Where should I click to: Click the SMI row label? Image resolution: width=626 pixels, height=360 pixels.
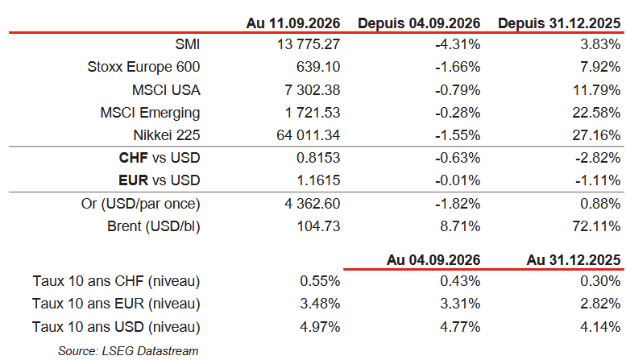[x=187, y=44]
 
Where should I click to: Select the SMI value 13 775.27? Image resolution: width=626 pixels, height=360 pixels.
[x=309, y=44]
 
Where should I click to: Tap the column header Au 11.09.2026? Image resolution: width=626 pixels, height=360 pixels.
[x=293, y=23]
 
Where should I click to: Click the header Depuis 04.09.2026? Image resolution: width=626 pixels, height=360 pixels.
[x=419, y=23]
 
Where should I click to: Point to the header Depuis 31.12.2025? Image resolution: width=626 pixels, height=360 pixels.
[x=559, y=23]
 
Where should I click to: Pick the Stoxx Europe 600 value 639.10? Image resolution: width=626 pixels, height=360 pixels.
[x=318, y=67]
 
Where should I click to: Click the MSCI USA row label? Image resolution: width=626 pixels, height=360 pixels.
[x=166, y=90]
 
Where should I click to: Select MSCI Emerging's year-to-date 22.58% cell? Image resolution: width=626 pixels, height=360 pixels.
[x=596, y=113]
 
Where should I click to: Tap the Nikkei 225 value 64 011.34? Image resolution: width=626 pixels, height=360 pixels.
[x=309, y=135]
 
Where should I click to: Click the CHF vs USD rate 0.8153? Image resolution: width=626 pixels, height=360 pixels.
[x=318, y=158]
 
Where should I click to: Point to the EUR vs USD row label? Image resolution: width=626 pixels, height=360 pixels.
[x=160, y=180]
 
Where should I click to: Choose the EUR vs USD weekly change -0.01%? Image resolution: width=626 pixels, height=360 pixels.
[x=458, y=180]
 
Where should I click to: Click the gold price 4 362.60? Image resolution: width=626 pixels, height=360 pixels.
[x=313, y=204]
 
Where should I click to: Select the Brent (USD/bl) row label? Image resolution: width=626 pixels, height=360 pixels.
[x=154, y=226]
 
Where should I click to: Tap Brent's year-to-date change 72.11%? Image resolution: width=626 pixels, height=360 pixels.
[x=596, y=226]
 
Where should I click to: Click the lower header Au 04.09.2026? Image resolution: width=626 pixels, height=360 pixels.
[x=433, y=260]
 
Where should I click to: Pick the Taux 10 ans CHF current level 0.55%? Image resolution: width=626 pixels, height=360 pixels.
[x=320, y=281]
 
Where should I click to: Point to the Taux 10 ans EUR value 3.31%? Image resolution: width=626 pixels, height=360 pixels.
[x=460, y=304]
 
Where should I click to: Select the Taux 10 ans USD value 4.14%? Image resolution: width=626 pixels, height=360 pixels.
[x=600, y=327]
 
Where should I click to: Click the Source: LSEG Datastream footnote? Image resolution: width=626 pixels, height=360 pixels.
[x=128, y=351]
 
